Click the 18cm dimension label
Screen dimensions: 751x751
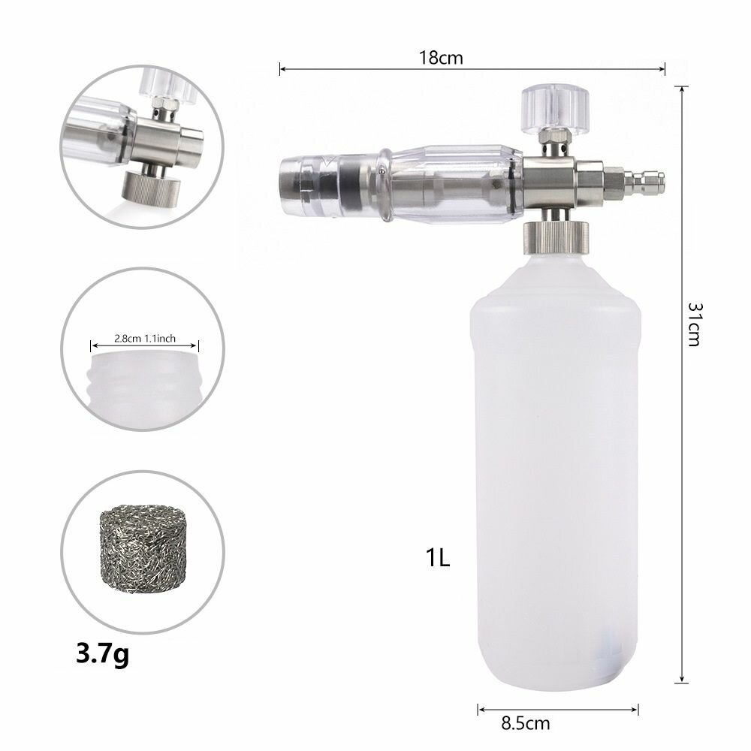tap(441, 58)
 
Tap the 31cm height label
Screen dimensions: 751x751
tap(695, 324)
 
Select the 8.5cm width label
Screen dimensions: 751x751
tap(526, 722)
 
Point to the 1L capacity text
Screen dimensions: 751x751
tap(438, 557)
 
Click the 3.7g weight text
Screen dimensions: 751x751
tap(102, 654)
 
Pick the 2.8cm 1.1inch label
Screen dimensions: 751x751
tap(145, 339)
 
